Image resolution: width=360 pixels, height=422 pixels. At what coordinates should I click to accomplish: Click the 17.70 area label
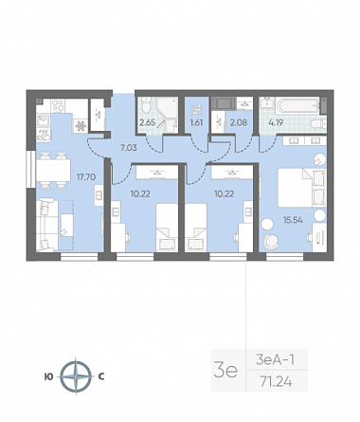[x=86, y=177]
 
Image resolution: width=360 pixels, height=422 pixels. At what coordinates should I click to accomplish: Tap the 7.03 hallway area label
[x=129, y=147]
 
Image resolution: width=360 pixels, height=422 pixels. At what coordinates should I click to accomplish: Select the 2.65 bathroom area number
[x=148, y=122]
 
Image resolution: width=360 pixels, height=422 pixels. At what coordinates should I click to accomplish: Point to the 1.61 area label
[x=196, y=122]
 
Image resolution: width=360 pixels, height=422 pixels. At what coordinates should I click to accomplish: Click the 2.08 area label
[x=239, y=122]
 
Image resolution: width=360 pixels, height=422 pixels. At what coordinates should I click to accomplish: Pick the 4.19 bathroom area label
[x=276, y=122]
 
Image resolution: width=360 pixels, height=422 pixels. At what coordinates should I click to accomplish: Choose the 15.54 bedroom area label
[x=293, y=220]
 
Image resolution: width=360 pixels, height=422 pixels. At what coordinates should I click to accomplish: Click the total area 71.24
[x=276, y=382]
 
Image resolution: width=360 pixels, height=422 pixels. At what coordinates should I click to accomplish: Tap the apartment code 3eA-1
[x=276, y=359]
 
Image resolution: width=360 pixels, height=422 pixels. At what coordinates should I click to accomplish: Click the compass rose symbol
[x=76, y=376]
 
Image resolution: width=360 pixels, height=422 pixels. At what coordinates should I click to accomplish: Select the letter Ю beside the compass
[x=49, y=376]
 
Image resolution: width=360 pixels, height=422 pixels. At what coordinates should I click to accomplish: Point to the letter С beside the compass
[x=101, y=376]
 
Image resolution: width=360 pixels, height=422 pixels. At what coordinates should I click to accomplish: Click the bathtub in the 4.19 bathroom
[x=297, y=106]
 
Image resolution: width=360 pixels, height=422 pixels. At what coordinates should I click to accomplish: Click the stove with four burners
[x=58, y=106]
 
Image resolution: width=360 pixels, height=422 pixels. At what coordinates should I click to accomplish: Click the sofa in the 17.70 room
[x=47, y=225]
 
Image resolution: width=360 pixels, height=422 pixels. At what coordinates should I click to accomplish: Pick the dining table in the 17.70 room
[x=53, y=171]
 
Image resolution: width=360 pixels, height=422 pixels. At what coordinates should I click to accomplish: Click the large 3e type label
[x=225, y=371]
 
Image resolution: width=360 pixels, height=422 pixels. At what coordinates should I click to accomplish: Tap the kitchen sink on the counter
[x=43, y=120]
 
